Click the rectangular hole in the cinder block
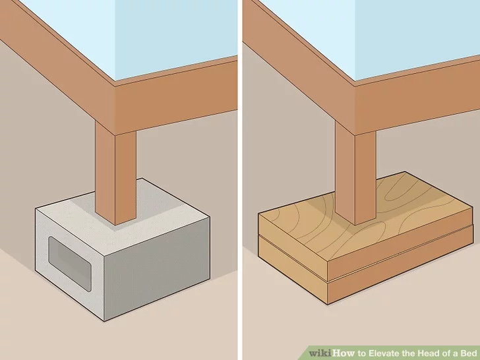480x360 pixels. coord(70,264)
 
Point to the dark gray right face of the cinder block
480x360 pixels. coord(157,270)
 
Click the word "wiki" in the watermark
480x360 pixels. coord(320,353)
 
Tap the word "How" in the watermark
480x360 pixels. coord(344,353)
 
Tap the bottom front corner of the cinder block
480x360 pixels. coord(104,321)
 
